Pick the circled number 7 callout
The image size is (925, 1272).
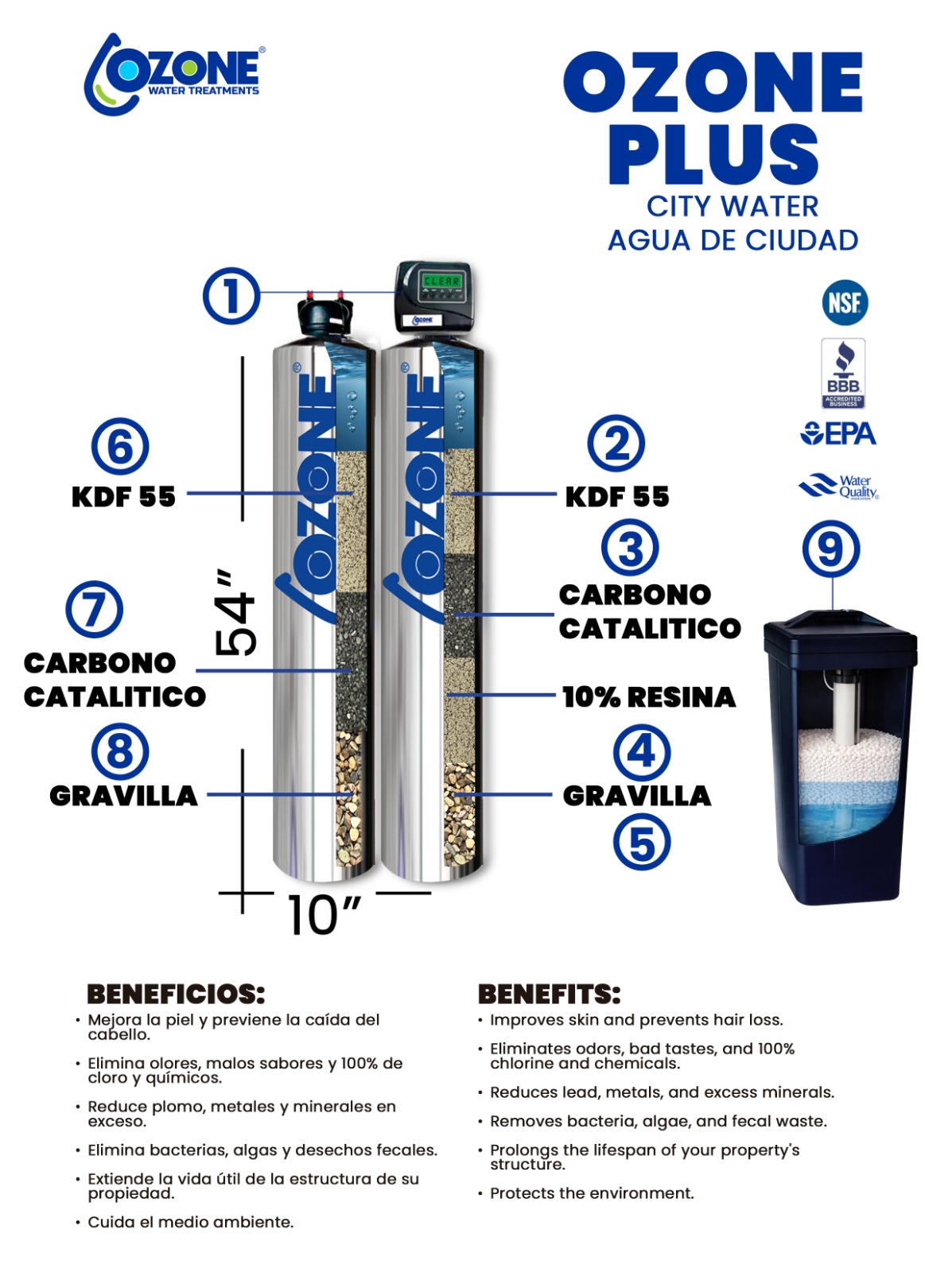point(95,609)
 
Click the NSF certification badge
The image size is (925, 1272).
point(845,302)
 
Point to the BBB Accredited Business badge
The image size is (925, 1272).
point(843,373)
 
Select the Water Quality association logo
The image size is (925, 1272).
point(838,486)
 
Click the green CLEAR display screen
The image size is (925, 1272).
point(441,281)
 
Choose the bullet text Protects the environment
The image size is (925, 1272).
point(592,1193)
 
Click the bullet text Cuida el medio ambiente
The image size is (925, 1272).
point(190,1221)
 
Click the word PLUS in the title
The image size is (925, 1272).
point(713,154)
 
